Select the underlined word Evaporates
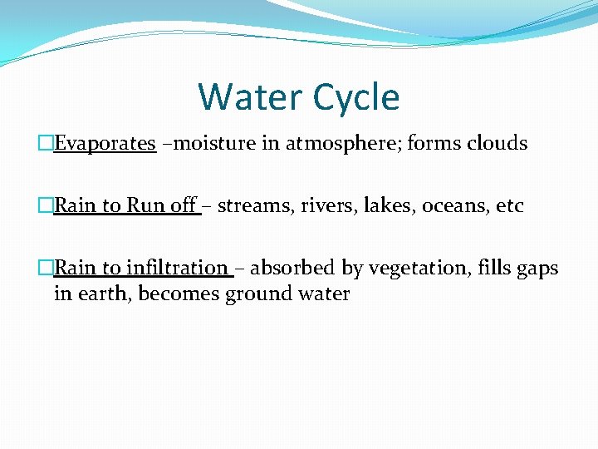[105, 143]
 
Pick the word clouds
[496, 143]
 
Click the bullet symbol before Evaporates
[47, 143]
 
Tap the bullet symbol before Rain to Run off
[47, 205]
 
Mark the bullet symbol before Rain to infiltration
[47, 268]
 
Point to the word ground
[258, 294]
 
